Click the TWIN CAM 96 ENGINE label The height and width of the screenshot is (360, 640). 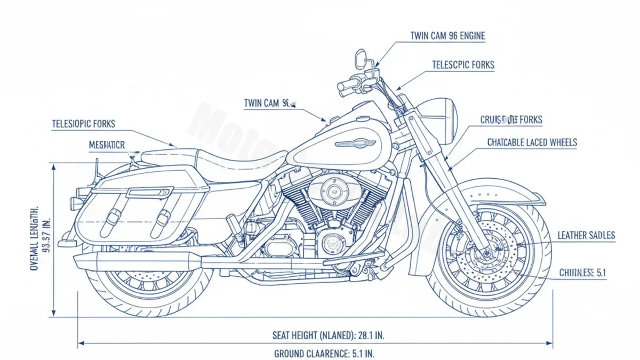pyautogui.click(x=447, y=36)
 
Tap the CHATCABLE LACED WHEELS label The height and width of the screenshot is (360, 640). pyautogui.click(x=532, y=142)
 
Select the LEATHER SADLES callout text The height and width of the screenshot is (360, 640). pyautogui.click(x=586, y=235)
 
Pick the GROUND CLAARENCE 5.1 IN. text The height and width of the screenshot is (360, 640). pyautogui.click(x=327, y=353)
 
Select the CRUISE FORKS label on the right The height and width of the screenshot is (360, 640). pyautogui.click(x=511, y=120)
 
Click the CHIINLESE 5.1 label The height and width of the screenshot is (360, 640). pyautogui.click(x=582, y=273)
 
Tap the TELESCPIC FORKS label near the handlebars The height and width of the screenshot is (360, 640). pyautogui.click(x=462, y=65)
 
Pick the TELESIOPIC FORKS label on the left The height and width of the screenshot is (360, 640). pyautogui.click(x=83, y=124)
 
